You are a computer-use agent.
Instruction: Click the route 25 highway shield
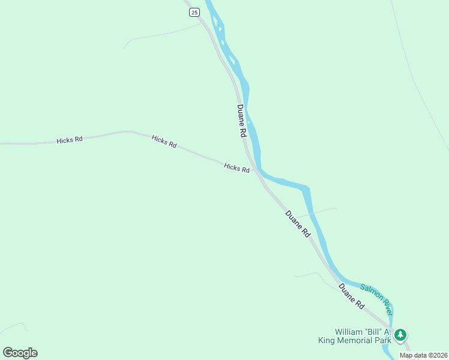(193, 12)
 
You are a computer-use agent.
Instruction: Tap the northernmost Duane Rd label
(241, 120)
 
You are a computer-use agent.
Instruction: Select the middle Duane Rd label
(298, 224)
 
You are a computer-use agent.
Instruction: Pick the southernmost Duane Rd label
(351, 296)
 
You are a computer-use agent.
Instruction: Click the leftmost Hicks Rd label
(70, 140)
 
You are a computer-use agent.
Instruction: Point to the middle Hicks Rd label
(164, 142)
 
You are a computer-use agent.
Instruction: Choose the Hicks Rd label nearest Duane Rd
(237, 168)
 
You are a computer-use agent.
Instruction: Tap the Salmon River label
(376, 299)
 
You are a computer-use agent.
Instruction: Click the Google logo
(20, 353)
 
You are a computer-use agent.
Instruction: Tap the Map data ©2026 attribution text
(423, 355)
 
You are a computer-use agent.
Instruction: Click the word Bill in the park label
(379, 332)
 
